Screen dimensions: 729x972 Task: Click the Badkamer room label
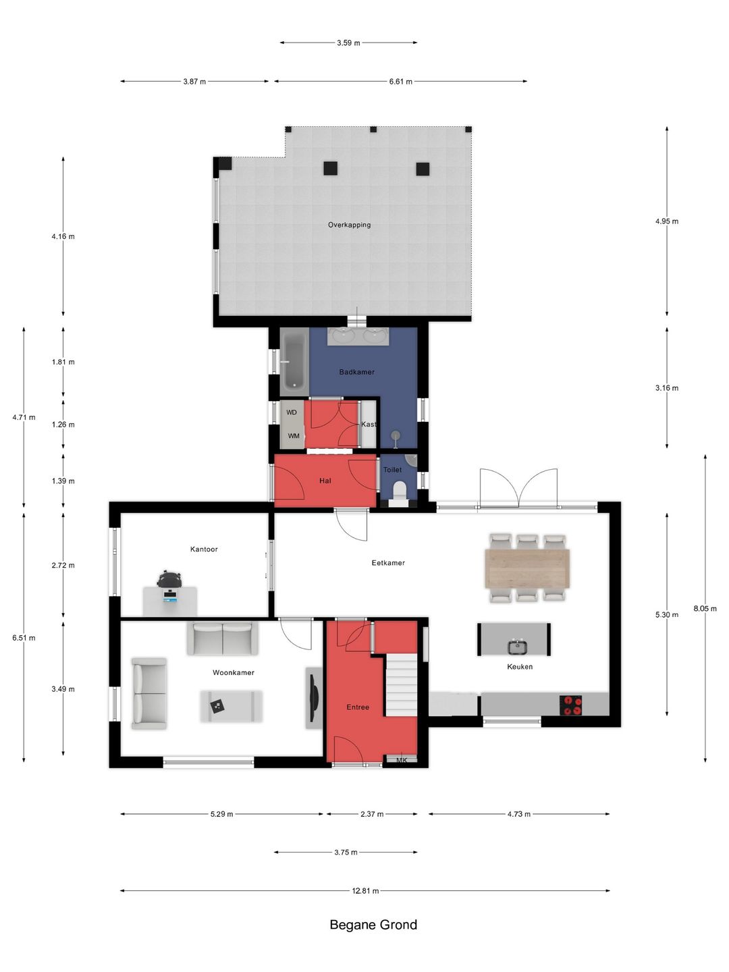356,372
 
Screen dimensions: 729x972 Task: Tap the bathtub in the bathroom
294,361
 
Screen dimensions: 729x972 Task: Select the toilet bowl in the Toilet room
399,492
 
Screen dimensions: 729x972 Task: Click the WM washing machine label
294,436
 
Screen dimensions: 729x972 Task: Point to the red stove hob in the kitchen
570,705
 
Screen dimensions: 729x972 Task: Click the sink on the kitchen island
516,647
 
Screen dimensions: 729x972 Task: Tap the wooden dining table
526,568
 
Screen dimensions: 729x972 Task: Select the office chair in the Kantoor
169,578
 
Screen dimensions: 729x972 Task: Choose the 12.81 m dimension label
365,891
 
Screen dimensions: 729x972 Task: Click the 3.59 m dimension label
348,43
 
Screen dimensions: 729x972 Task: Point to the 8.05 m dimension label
705,608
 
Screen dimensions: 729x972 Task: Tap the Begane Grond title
373,934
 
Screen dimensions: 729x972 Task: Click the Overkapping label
349,225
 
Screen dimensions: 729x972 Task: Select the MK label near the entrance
402,760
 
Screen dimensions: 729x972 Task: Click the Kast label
369,424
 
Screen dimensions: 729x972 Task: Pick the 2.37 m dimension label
372,814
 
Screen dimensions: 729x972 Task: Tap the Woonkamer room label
234,673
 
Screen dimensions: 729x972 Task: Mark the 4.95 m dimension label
667,221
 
